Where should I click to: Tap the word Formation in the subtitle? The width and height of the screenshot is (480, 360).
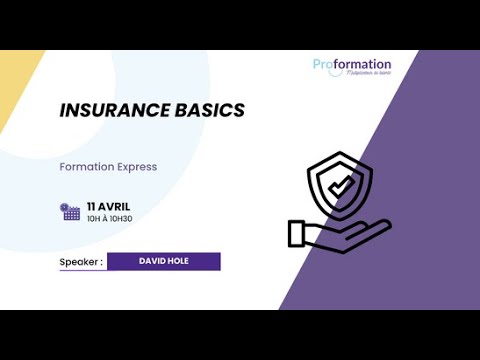point(86,167)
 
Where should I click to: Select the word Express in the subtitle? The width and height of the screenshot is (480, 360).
point(137,167)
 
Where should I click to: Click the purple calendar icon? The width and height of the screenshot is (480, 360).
point(70,211)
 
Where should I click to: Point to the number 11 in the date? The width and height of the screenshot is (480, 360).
point(92,206)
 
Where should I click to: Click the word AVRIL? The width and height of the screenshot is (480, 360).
point(115,206)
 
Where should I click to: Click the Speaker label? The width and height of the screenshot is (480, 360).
point(81,263)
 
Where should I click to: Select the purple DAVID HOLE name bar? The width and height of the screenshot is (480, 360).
point(163,262)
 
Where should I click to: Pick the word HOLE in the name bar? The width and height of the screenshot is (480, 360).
point(178,262)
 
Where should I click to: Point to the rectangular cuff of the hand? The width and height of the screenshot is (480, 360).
point(296,233)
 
